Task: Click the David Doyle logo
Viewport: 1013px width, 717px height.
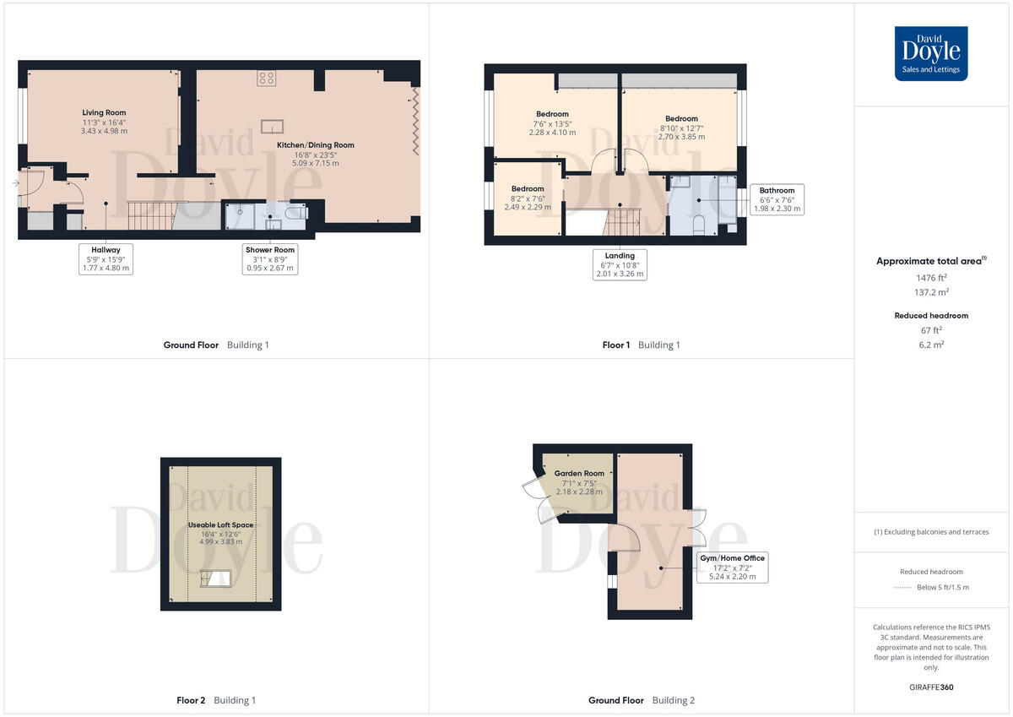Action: pyautogui.click(x=931, y=53)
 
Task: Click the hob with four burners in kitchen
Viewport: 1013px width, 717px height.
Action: pyautogui.click(x=267, y=79)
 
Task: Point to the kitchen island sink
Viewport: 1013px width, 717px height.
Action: pyautogui.click(x=272, y=128)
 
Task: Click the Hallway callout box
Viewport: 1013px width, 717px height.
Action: pyautogui.click(x=106, y=258)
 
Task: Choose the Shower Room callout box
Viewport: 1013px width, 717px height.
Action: pyautogui.click(x=270, y=258)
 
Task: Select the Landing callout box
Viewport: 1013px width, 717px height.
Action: pyautogui.click(x=620, y=263)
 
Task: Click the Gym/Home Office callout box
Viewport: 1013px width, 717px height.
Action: pyautogui.click(x=732, y=567)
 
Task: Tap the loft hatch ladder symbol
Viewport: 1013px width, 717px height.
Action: pyautogui.click(x=216, y=578)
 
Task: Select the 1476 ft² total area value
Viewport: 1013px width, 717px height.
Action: pyautogui.click(x=931, y=277)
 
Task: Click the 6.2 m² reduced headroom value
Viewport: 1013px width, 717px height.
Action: pyautogui.click(x=931, y=345)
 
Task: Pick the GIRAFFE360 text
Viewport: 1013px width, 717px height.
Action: pyautogui.click(x=931, y=687)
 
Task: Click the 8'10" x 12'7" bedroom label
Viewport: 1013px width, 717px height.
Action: pyautogui.click(x=681, y=128)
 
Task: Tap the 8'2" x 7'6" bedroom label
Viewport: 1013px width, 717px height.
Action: pyautogui.click(x=527, y=198)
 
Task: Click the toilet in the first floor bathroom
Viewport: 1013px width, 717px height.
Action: pyautogui.click(x=698, y=225)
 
